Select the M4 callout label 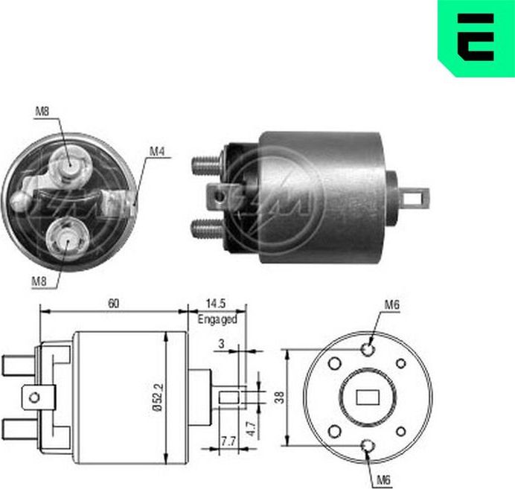tap(156, 151)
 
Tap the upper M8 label tap(42, 112)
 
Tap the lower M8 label tap(40, 281)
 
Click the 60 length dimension tap(112, 304)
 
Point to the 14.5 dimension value tap(217, 304)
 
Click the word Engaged tap(217, 319)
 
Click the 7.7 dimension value tap(228, 442)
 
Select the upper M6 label tap(392, 304)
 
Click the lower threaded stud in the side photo tap(208, 228)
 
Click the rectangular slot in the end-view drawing tap(368, 397)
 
